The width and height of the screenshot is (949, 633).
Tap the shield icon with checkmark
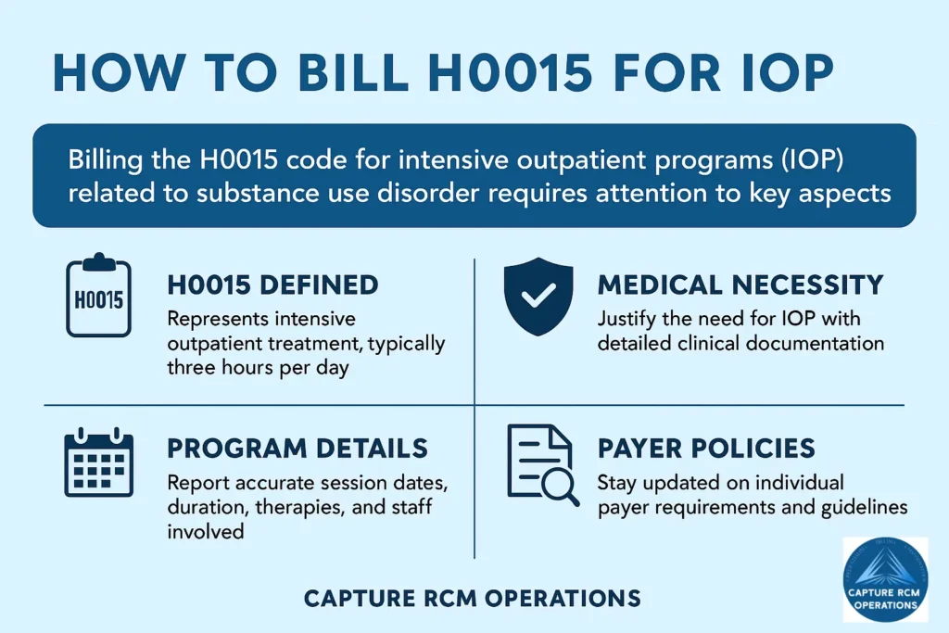point(538,296)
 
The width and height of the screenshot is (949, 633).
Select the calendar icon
point(98,462)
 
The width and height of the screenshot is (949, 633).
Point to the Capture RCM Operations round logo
point(885,579)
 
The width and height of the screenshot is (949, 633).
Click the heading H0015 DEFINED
point(273,285)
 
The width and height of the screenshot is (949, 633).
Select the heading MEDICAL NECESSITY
point(740,285)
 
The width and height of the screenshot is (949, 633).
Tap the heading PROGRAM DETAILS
point(297,449)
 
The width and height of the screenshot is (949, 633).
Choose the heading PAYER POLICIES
point(706,449)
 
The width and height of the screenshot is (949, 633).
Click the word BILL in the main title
point(353,73)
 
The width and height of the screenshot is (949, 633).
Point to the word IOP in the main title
point(788,73)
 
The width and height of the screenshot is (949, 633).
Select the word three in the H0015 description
point(189,367)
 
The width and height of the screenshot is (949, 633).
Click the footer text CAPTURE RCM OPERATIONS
point(472,599)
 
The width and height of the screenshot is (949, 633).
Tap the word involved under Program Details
point(206,531)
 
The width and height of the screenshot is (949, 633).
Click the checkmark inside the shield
point(538,295)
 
